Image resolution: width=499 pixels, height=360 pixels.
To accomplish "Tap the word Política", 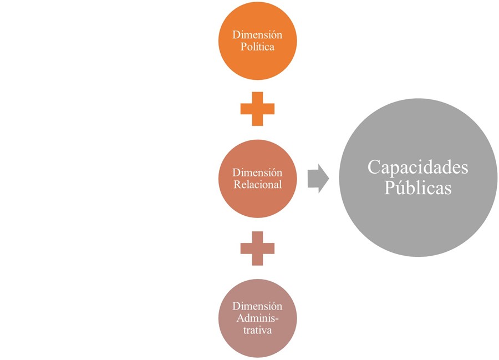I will coord(257,47).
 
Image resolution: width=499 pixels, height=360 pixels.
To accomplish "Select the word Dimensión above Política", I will coord(257,35).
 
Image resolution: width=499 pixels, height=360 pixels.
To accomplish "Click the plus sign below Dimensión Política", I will coord(257,109).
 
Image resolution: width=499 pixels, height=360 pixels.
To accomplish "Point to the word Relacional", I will coord(257,185).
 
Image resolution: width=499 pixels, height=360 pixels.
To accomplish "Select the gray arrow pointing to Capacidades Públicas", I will coord(318,179).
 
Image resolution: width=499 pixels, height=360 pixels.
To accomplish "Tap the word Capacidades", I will coord(417,168).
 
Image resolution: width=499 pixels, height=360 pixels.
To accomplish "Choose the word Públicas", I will coord(417,187).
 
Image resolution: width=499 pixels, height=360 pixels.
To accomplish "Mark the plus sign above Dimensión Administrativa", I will coord(257,248).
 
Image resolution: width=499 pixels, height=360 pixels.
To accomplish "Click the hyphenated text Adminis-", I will coord(257,318).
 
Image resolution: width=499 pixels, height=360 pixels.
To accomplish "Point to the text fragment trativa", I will coord(257,331).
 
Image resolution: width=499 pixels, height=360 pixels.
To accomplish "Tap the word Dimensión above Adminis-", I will coord(257,306).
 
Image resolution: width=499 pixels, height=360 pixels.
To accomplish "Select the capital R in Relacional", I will coord(237,185).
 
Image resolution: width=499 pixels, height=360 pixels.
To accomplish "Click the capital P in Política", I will coord(243,47).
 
